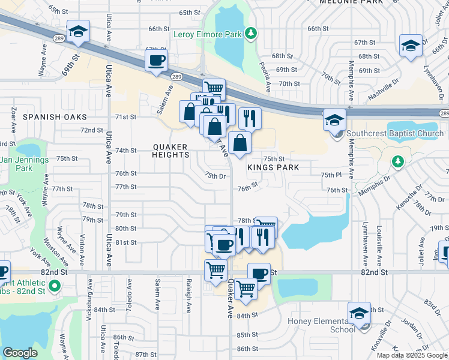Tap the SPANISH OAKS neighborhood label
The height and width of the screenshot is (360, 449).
tap(53, 117)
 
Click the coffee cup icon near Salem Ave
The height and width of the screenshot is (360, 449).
tap(156, 61)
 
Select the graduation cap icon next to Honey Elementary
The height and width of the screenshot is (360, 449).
tap(359, 313)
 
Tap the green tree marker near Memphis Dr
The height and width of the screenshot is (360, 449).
tap(397, 161)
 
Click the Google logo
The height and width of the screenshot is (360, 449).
tap(20, 353)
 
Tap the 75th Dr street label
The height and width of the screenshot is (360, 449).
tap(214, 176)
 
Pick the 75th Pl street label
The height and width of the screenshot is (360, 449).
tap(331, 174)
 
